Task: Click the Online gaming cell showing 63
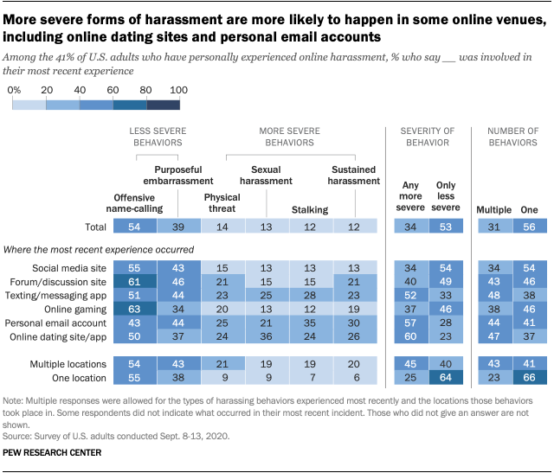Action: click(x=132, y=310)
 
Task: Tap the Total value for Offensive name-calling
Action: click(x=132, y=227)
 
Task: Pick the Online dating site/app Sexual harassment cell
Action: click(x=267, y=337)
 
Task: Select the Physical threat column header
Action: click(x=222, y=202)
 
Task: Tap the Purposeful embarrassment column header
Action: click(x=183, y=176)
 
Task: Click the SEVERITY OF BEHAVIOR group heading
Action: click(x=424, y=136)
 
